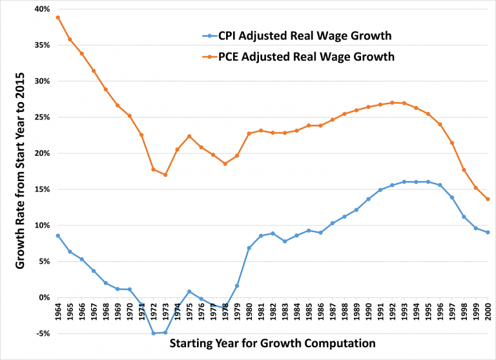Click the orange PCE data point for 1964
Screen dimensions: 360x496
point(57,17)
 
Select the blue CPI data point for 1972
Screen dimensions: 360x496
point(153,333)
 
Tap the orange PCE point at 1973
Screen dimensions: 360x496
point(165,175)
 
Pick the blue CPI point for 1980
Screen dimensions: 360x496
point(249,248)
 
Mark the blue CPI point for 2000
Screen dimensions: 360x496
point(488,232)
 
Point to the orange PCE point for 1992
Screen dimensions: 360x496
point(392,103)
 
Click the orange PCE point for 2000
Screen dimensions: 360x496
point(488,199)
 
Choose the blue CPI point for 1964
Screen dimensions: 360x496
point(57,236)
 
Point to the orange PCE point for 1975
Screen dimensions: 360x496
point(189,136)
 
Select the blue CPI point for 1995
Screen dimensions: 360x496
point(428,182)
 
